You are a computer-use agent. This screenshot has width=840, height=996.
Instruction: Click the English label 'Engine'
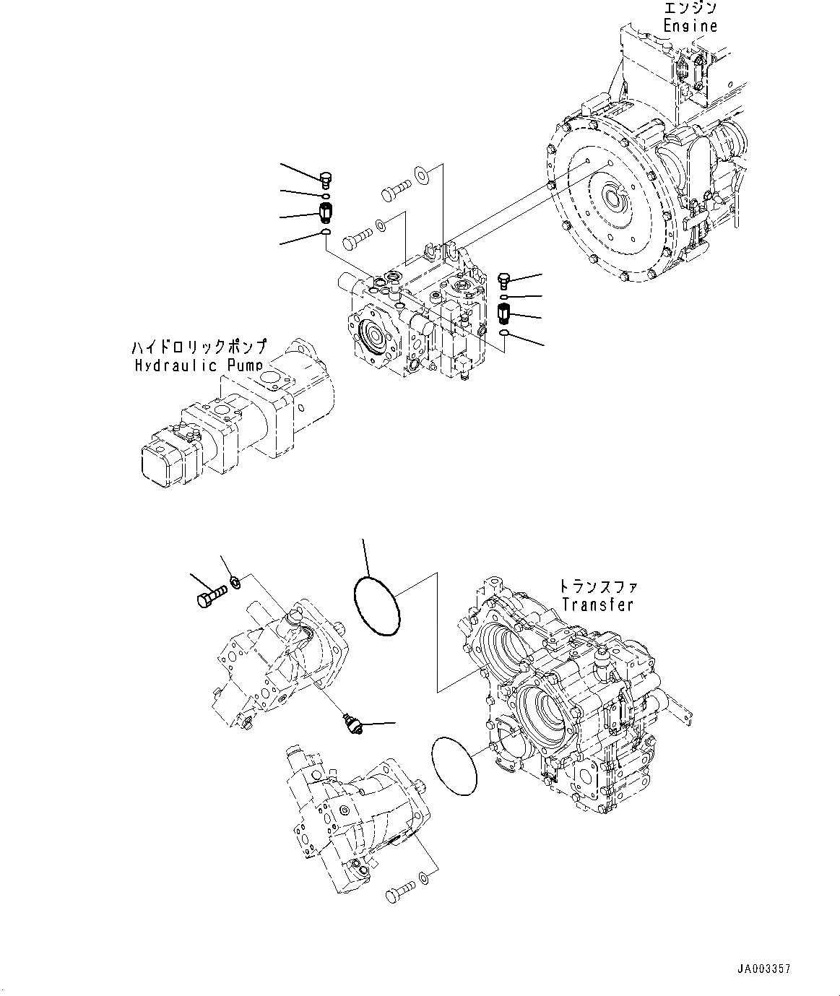click(690, 26)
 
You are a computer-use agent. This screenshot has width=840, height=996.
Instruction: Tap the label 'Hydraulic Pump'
click(199, 365)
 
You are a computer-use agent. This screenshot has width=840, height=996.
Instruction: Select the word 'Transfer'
click(597, 605)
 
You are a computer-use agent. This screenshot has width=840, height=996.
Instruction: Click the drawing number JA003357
click(764, 969)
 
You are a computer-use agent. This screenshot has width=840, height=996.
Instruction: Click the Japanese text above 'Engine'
click(690, 9)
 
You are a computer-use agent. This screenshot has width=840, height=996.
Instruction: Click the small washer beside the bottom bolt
click(424, 878)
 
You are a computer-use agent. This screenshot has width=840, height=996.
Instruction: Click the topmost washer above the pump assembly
click(420, 173)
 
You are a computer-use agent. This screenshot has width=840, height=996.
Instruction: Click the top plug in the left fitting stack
click(326, 178)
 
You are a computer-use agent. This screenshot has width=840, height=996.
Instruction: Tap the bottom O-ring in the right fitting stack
click(505, 332)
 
